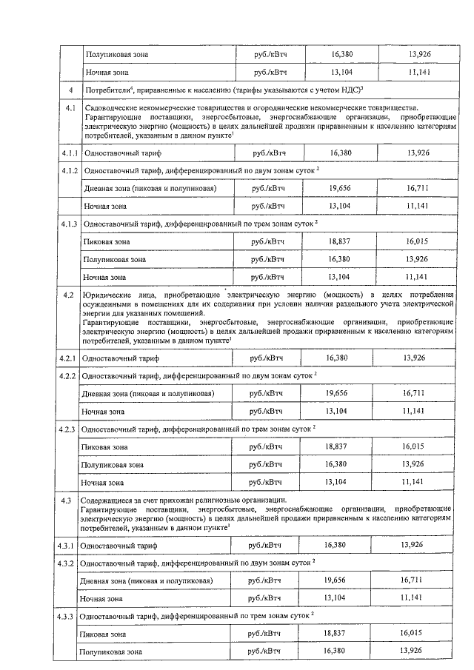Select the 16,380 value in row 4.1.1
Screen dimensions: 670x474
pyautogui.click(x=341, y=152)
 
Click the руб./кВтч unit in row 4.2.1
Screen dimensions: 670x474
pyautogui.click(x=267, y=358)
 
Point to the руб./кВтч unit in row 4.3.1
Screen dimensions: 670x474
pyautogui.click(x=265, y=545)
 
